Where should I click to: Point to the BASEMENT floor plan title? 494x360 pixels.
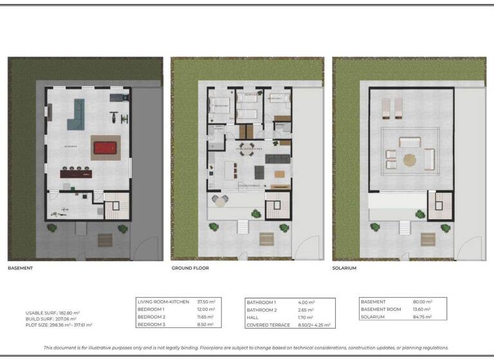pyautogui.click(x=20, y=267)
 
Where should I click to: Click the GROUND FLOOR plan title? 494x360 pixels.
pyautogui.click(x=190, y=267)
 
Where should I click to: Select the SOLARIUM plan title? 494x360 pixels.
pyautogui.click(x=344, y=267)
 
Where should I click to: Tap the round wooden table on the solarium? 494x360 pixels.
pyautogui.click(x=410, y=157)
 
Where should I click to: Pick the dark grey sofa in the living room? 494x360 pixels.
pyautogui.click(x=278, y=158)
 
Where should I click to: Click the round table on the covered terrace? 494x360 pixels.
pyautogui.click(x=220, y=201)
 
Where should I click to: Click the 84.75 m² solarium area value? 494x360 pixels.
pyautogui.click(x=422, y=317)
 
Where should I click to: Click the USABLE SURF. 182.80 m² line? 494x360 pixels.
pyautogui.click(x=50, y=312)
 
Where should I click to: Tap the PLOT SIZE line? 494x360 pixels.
pyautogui.click(x=59, y=325)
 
